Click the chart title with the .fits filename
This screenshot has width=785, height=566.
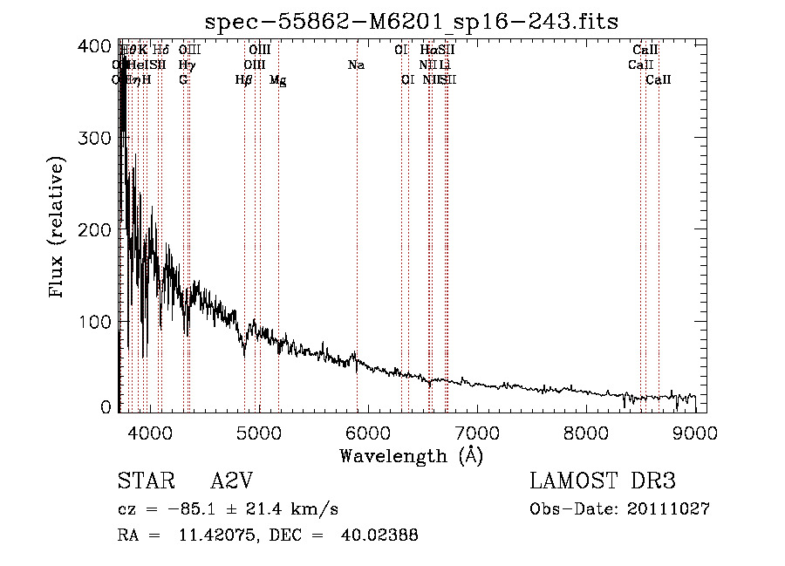coord(410,21)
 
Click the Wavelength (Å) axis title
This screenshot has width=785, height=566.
coord(411,455)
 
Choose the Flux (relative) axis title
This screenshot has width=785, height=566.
coord(58,228)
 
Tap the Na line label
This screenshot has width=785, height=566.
coord(356,65)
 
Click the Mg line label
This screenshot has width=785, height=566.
coord(278,80)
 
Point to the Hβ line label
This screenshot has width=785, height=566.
coord(244,80)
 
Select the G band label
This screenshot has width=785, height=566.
coord(183,80)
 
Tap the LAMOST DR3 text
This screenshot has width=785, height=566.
coord(603,482)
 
